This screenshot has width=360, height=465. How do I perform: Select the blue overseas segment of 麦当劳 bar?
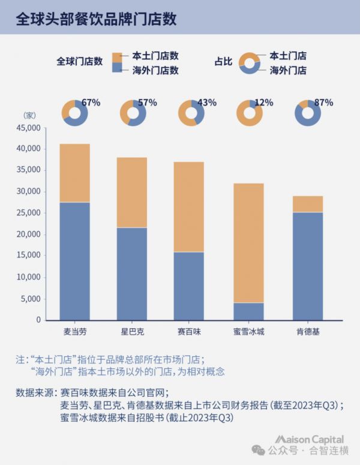pyautogui.click(x=74, y=261)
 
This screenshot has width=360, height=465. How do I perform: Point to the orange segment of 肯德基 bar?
pyautogui.click(x=308, y=204)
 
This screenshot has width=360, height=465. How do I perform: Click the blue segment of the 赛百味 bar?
pyautogui.click(x=189, y=286)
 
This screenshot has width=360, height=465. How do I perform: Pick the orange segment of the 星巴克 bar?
pyautogui.click(x=132, y=192)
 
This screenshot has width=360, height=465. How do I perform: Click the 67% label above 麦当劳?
pyautogui.click(x=91, y=103)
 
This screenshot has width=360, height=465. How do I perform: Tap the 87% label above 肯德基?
pyautogui.click(x=323, y=103)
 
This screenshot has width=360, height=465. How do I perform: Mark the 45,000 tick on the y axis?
pyautogui.click(x=28, y=128)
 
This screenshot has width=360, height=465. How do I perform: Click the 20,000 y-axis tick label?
pyautogui.click(x=28, y=234)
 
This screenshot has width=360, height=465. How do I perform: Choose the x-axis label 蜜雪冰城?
pyautogui.click(x=248, y=331)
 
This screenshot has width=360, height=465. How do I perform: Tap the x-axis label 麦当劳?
pyautogui.click(x=74, y=331)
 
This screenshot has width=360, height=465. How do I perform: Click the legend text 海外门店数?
pyautogui.click(x=155, y=70)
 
